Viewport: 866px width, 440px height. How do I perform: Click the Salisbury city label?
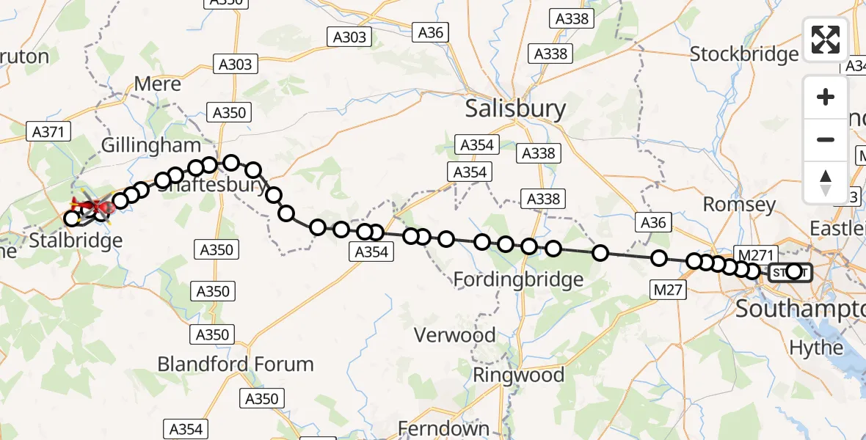point(516,109)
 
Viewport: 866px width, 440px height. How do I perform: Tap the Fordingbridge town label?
point(518,279)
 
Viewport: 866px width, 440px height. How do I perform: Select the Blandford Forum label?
point(236,364)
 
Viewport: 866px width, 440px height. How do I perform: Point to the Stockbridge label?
point(744,54)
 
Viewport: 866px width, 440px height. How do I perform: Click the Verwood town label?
point(454,335)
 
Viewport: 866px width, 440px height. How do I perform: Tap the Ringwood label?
point(518,375)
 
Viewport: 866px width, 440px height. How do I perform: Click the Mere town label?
point(157,84)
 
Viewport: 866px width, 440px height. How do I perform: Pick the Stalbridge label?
point(76,240)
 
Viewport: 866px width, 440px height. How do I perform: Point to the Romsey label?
point(739,204)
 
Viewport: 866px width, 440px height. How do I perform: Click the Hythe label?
point(816,347)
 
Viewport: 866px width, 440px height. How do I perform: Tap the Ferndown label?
point(443,428)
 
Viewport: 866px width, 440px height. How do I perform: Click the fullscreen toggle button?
point(826,40)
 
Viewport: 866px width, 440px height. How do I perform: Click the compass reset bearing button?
point(826,182)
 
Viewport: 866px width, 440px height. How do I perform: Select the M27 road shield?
point(668,290)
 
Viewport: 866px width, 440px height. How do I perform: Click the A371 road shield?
point(49,132)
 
